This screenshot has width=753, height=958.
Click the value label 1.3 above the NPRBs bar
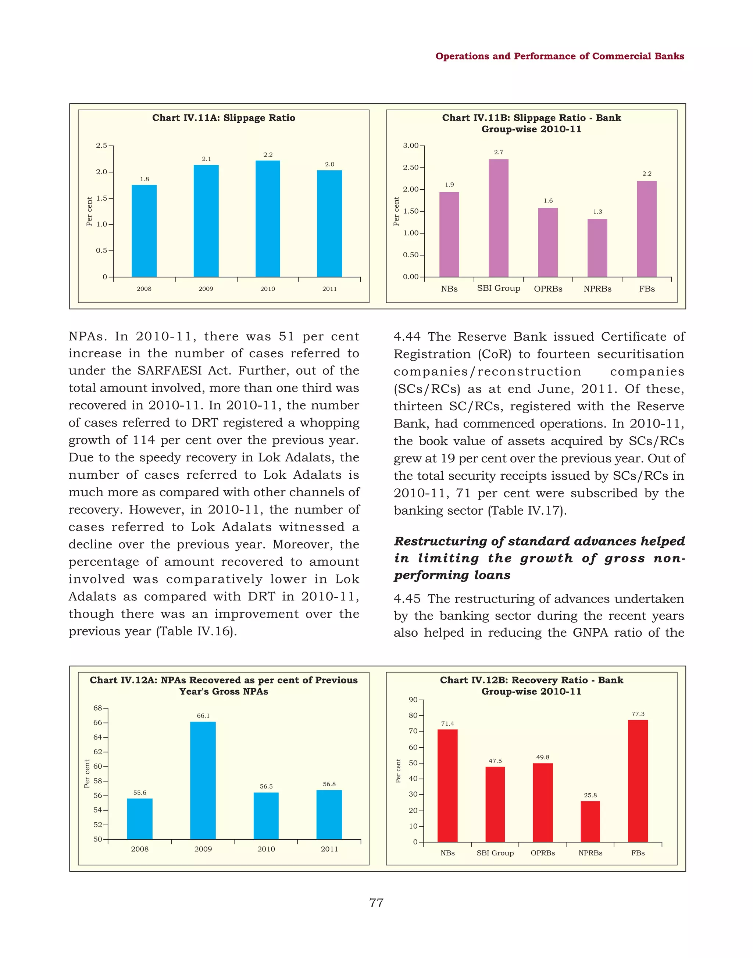click(x=597, y=212)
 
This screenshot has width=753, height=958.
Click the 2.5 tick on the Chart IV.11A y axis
click(x=101, y=146)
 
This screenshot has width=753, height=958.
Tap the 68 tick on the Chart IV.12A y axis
click(x=97, y=708)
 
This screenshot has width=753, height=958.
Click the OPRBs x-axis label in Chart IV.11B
click(x=547, y=289)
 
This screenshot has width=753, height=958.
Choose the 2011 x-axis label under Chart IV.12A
click(x=329, y=849)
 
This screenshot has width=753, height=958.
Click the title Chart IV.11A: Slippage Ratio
click(x=224, y=118)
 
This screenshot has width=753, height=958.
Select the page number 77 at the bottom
click(x=376, y=903)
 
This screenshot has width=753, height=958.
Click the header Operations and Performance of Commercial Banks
click(x=560, y=56)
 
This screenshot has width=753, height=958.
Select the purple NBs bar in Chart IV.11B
click(x=449, y=235)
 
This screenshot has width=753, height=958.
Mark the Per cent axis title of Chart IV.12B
click(x=398, y=771)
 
